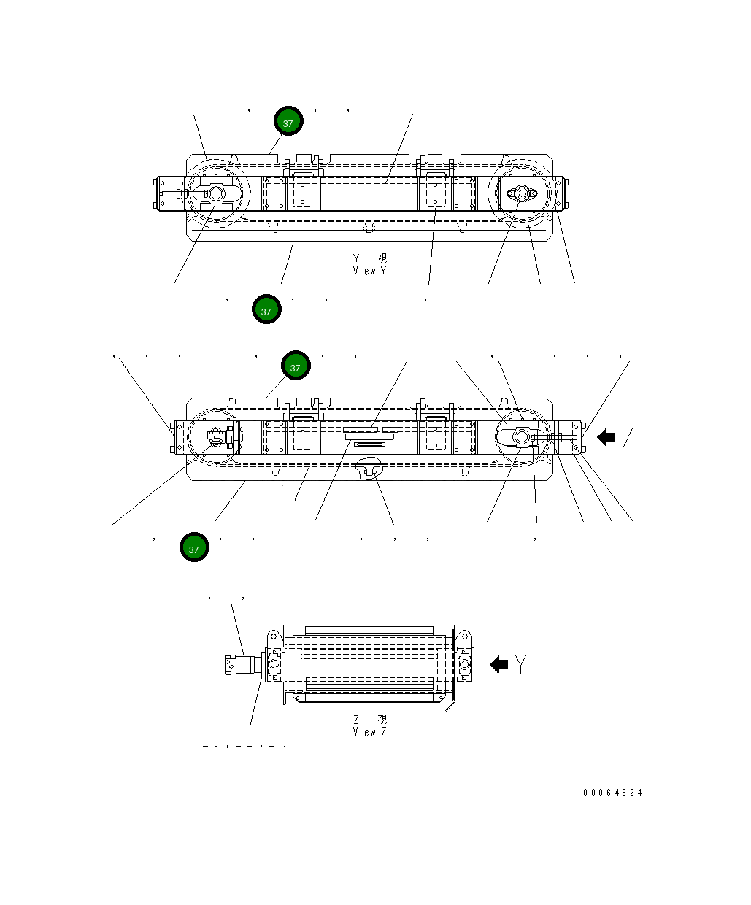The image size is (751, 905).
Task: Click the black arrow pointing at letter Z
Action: (606, 438)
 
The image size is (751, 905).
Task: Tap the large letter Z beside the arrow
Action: (628, 438)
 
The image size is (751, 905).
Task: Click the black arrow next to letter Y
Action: (498, 664)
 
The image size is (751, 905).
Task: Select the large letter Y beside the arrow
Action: (520, 664)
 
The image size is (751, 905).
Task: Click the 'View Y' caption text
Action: (369, 271)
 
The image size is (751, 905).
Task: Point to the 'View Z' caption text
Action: (369, 731)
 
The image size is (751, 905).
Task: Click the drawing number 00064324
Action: (612, 793)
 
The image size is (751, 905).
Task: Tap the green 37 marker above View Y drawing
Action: (288, 121)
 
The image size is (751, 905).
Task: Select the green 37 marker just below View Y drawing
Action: (266, 309)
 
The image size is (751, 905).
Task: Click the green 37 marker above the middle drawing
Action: (296, 366)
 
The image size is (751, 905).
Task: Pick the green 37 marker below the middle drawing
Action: (194, 547)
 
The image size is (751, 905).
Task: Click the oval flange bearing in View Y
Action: (521, 194)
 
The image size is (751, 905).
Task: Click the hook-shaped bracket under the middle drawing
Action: (369, 469)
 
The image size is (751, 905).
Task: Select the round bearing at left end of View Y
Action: (216, 194)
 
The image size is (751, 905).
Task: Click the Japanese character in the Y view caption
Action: (382, 258)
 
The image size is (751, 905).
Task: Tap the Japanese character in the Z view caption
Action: (382, 719)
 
